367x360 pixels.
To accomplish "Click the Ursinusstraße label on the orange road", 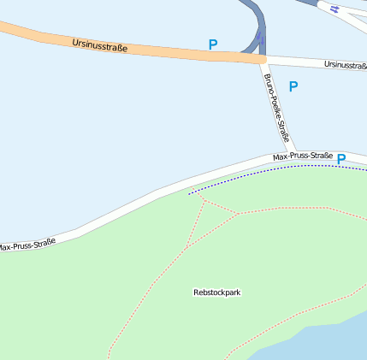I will (x=100, y=44).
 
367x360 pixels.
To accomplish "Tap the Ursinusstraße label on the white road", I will (x=345, y=65).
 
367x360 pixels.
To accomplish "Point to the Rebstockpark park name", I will (x=217, y=292).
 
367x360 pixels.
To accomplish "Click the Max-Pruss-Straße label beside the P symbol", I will (x=302, y=156).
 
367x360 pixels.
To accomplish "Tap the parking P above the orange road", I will (x=213, y=44).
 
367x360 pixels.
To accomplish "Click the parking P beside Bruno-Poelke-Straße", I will (x=293, y=86).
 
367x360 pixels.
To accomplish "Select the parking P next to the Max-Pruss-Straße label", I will (x=341, y=159).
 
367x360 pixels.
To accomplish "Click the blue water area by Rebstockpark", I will (x=325, y=338).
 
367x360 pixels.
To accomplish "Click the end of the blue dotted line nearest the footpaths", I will (x=190, y=194).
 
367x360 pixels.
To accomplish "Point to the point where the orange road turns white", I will (x=266, y=60).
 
